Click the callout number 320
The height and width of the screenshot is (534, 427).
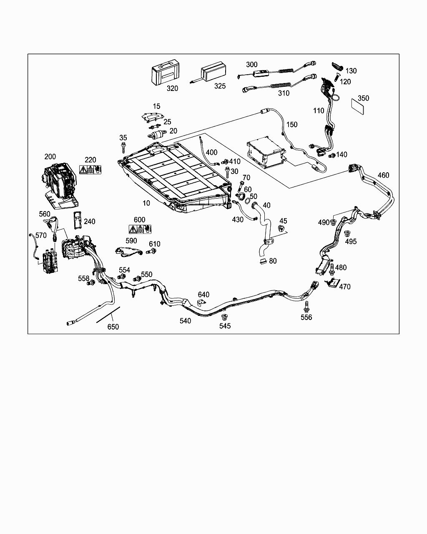point(172,88)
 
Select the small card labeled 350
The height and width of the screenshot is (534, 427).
point(357,106)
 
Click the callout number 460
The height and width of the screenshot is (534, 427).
point(383,175)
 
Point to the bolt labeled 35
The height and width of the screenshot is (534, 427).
point(123,148)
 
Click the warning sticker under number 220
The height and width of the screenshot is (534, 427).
point(90,170)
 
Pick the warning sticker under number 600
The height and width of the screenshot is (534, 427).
point(140,229)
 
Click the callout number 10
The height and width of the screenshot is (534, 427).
point(146,203)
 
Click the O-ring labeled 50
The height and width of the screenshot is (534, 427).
point(248,201)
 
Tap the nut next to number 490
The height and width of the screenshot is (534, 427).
point(333,222)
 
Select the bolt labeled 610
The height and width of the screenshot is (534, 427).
point(151,252)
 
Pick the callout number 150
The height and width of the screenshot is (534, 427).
point(292,125)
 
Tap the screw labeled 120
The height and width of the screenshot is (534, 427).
point(337,78)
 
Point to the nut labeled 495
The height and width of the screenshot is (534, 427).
point(347,234)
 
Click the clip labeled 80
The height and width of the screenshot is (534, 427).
point(263,261)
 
